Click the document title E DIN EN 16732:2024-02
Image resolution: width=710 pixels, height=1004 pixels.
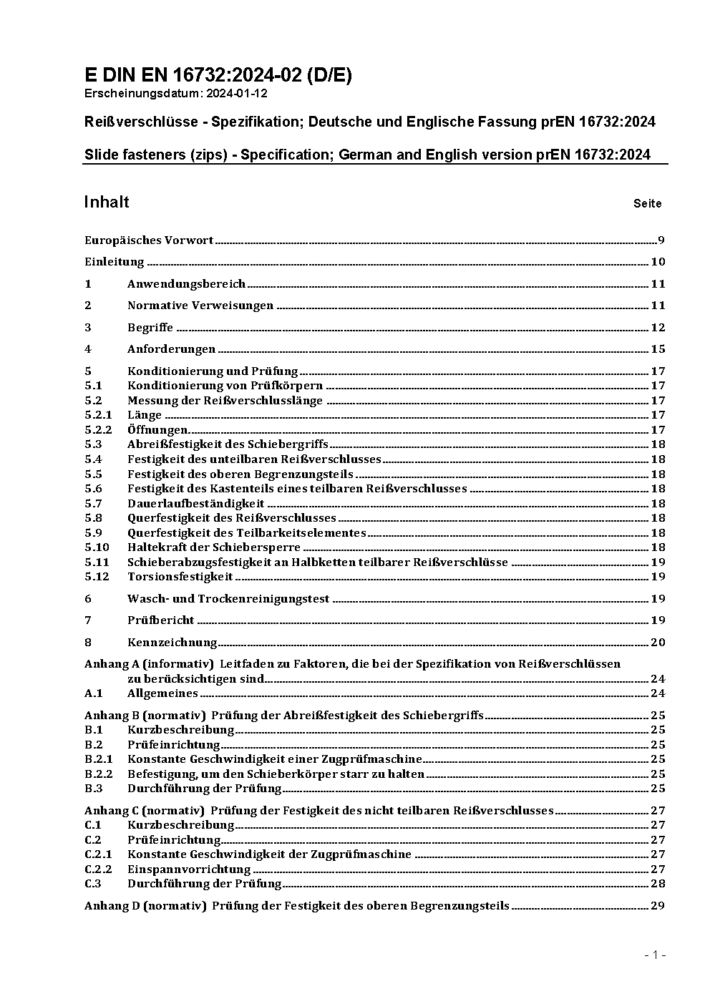(x=218, y=75)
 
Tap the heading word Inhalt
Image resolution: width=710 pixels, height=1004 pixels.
(x=107, y=202)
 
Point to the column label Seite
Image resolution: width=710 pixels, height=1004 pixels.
(x=647, y=204)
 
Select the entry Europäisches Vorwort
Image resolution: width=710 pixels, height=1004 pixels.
(x=149, y=240)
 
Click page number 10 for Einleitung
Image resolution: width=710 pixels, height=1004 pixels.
(x=658, y=262)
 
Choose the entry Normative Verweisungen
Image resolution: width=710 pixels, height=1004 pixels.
(x=200, y=306)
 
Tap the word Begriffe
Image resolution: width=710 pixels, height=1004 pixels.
(x=150, y=328)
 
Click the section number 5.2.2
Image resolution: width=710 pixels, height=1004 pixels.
(x=98, y=430)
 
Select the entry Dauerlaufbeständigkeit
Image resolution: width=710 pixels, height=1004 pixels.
(x=195, y=504)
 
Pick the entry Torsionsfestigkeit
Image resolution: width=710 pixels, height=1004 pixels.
(x=180, y=577)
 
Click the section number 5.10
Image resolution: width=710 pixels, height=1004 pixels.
(x=97, y=547)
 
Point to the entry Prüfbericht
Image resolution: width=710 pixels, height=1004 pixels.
(x=161, y=620)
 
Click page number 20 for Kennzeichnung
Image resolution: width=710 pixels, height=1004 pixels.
(x=658, y=643)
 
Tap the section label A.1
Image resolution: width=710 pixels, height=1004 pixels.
(x=94, y=693)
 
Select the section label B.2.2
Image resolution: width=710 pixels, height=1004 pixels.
(x=99, y=774)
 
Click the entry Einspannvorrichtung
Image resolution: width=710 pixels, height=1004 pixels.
(x=189, y=869)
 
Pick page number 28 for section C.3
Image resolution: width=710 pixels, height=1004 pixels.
(x=658, y=884)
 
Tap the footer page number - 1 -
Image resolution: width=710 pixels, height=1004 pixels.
(x=655, y=955)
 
